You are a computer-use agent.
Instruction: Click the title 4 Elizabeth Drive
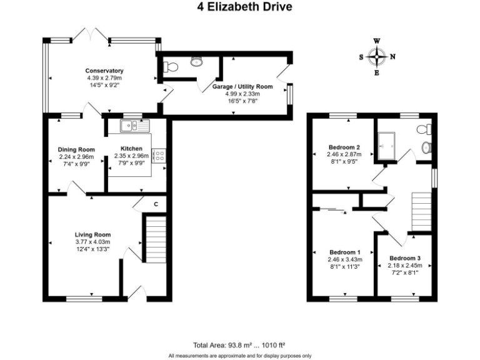tap(240, 7)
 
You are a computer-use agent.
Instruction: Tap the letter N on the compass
tap(392, 56)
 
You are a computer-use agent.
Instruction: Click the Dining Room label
tap(76, 149)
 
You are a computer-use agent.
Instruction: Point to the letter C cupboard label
tap(156, 203)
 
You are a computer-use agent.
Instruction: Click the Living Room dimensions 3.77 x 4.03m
tap(92, 242)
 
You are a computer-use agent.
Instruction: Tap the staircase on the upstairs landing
tap(422, 211)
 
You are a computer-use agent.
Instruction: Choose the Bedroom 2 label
tap(344, 147)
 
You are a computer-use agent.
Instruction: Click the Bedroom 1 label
tap(343, 252)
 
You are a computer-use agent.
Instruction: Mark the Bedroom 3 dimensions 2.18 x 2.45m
tap(405, 266)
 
